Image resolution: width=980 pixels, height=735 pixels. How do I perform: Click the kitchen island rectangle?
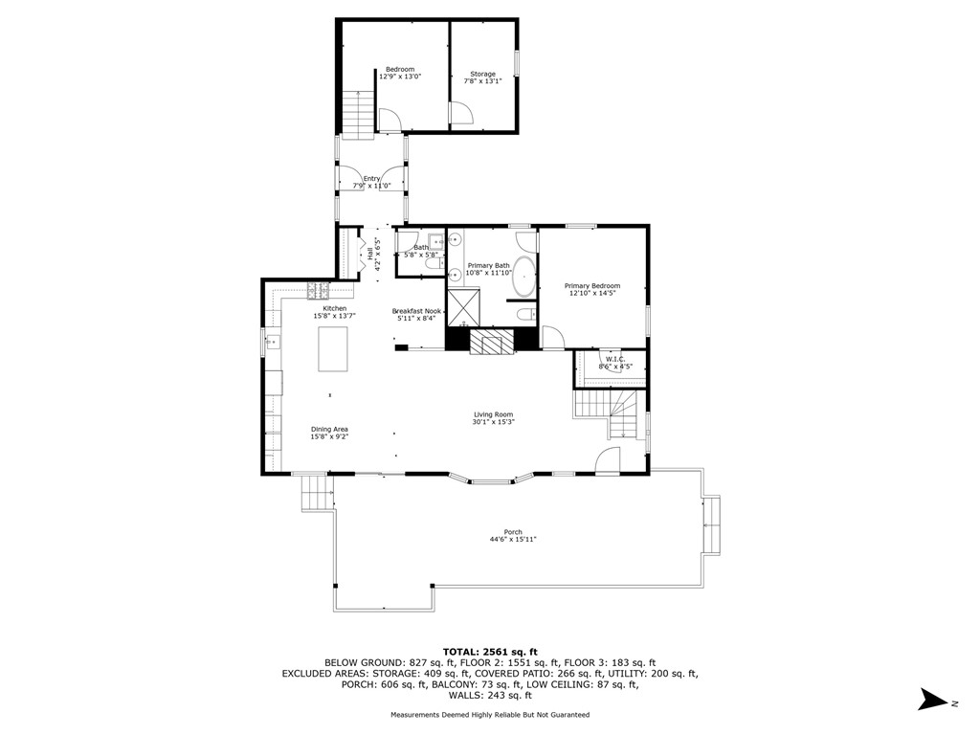[334, 348]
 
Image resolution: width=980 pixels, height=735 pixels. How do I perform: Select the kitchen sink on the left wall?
[271, 341]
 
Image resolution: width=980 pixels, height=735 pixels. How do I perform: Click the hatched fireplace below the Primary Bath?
[492, 342]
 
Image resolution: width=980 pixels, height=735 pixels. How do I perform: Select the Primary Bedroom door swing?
[552, 337]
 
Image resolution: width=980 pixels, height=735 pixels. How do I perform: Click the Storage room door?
[459, 114]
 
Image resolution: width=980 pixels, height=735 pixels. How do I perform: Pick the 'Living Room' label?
[493, 414]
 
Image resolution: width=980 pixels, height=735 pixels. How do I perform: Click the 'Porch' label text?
[513, 532]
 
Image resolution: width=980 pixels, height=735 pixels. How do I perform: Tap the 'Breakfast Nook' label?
[416, 311]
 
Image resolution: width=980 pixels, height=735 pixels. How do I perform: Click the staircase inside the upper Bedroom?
[358, 113]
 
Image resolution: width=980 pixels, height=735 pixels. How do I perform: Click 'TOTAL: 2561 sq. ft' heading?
[489, 651]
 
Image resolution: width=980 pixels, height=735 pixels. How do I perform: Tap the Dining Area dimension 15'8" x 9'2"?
[328, 436]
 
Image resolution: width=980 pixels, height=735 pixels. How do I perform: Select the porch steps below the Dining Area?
[313, 493]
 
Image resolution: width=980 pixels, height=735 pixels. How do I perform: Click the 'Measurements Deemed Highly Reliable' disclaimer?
[489, 715]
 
